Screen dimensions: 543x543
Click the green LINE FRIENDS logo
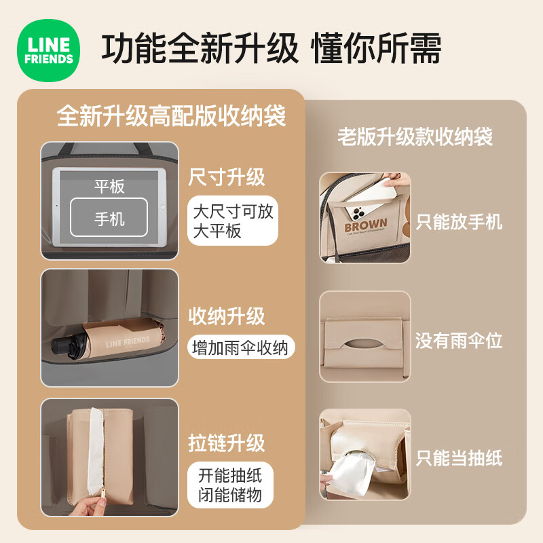pyautogui.click(x=48, y=50)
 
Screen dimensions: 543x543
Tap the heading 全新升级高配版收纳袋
pyautogui.click(x=172, y=115)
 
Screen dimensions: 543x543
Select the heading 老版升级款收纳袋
pyautogui.click(x=415, y=136)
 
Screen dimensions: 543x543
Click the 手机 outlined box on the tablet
pyautogui.click(x=109, y=217)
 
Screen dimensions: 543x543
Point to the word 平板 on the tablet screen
pyautogui.click(x=109, y=186)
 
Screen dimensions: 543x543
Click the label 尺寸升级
pyautogui.click(x=227, y=177)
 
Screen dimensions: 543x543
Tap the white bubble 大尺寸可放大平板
pyautogui.click(x=233, y=221)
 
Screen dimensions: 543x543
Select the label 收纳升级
pyautogui.click(x=227, y=316)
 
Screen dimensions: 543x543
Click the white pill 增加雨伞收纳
pyautogui.click(x=241, y=348)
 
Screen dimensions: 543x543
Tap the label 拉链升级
pyautogui.click(x=227, y=443)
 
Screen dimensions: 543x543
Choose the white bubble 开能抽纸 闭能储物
pyautogui.click(x=230, y=485)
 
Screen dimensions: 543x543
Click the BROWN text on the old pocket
pyautogui.click(x=366, y=225)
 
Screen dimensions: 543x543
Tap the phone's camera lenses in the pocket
pyautogui.click(x=358, y=213)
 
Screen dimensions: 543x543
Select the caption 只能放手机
pyautogui.click(x=460, y=222)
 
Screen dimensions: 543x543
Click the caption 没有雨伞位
pyautogui.click(x=459, y=341)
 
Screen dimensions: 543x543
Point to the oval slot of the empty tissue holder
pyautogui.click(x=364, y=343)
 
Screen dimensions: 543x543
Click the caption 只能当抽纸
pyautogui.click(x=460, y=458)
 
